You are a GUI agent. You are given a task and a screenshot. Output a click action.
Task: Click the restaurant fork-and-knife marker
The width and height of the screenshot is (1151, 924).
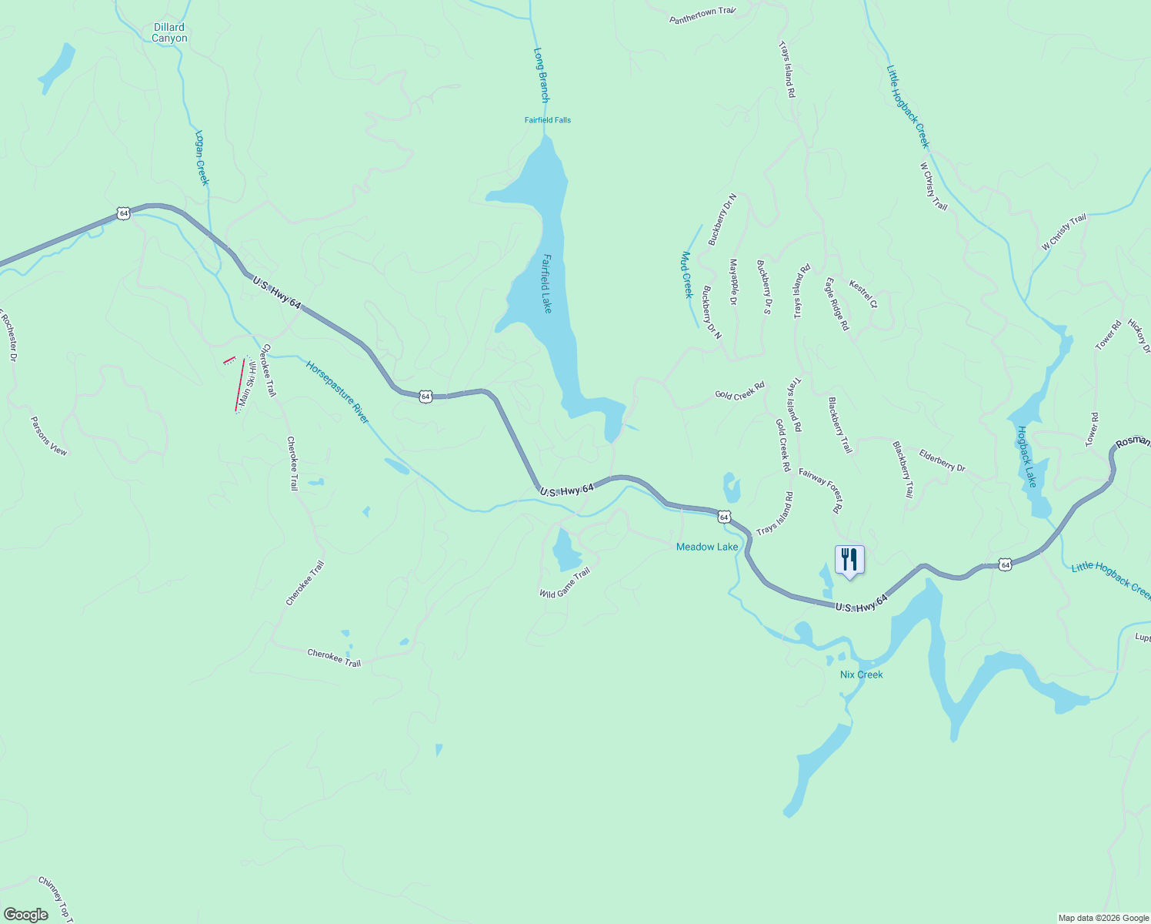coord(849,560)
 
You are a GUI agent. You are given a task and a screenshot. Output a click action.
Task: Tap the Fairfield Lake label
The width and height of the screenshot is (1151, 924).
coord(546,283)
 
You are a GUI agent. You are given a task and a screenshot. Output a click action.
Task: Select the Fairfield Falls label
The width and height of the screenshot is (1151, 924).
coord(548,120)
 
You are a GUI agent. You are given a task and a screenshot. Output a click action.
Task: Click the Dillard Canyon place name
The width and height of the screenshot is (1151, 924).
coord(169,32)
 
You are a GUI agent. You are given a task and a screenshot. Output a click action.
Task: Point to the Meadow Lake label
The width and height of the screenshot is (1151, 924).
coord(707,547)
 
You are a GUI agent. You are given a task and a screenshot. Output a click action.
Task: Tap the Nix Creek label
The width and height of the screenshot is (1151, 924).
coord(862,675)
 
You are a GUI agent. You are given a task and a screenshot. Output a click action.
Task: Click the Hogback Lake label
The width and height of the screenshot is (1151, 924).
coord(1027,457)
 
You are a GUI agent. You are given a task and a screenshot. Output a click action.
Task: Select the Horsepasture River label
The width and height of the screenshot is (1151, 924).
coord(338,392)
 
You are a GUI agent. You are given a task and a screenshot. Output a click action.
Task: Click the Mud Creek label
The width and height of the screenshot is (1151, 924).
coord(687,275)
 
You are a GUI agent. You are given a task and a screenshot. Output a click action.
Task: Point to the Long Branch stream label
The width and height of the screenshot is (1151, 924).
coord(542,75)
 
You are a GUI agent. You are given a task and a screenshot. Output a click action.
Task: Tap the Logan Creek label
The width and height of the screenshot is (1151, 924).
coord(202,158)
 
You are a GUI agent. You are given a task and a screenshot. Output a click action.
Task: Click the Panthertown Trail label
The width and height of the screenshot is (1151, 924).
coord(703,15)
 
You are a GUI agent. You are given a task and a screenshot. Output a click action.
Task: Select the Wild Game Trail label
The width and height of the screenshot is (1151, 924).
coord(565,583)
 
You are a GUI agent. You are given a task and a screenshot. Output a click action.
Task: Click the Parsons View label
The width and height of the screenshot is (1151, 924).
coord(49,436)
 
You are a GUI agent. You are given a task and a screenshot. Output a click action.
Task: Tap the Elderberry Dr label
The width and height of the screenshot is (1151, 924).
coord(942,460)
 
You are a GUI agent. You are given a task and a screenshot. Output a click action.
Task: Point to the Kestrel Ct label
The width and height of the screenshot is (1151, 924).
coord(863,294)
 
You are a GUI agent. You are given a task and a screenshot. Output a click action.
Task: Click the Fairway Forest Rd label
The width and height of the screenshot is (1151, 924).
coord(821,490)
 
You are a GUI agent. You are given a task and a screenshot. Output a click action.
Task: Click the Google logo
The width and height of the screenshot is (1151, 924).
coord(26,915)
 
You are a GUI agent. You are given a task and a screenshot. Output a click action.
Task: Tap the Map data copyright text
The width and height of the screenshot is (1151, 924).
coord(1103,918)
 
